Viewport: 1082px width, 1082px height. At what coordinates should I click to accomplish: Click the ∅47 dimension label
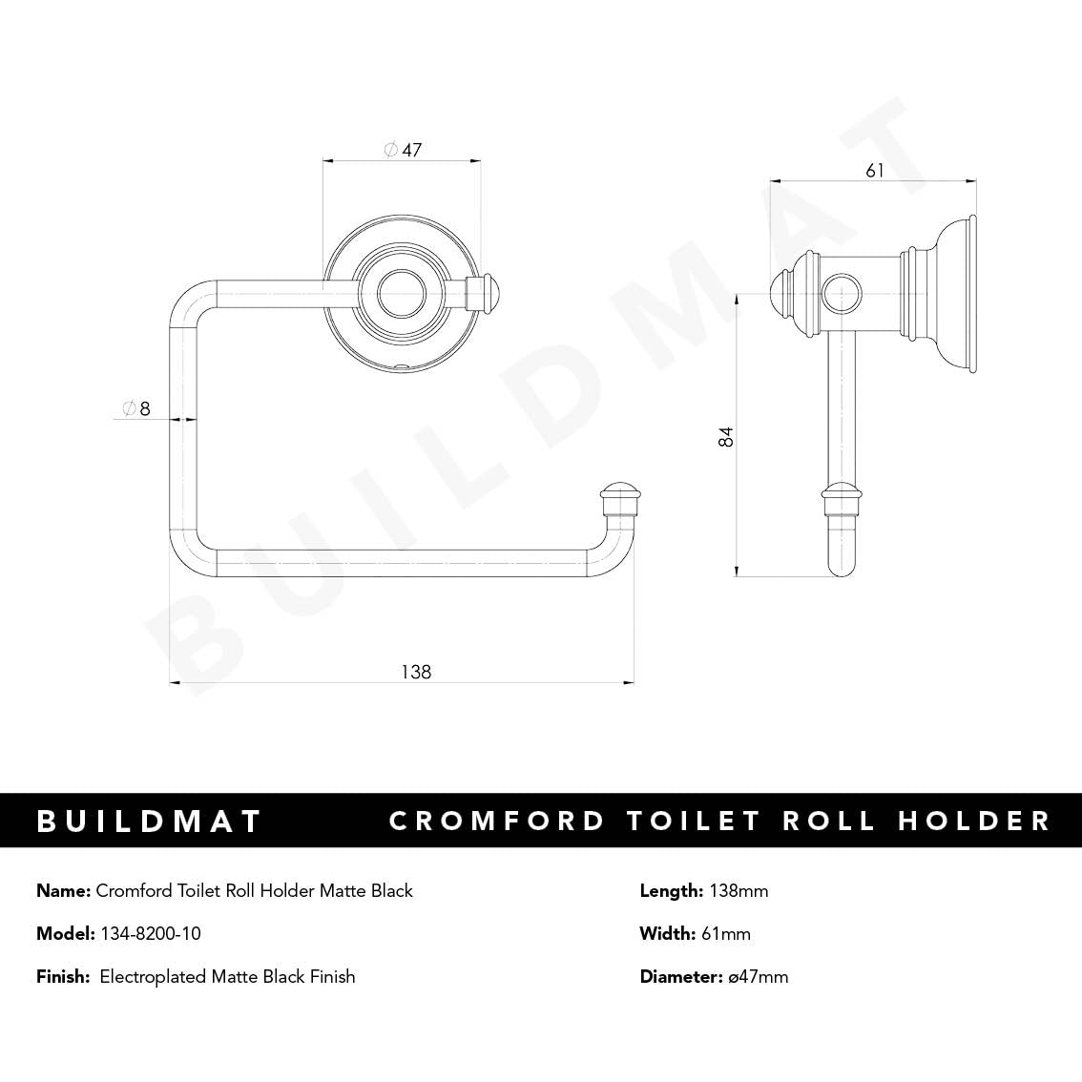(x=402, y=150)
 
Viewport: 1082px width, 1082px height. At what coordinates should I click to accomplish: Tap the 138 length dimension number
(x=416, y=672)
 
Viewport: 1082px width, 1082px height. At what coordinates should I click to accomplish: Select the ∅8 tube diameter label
(x=136, y=409)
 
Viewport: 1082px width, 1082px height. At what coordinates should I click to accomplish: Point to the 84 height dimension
(x=726, y=437)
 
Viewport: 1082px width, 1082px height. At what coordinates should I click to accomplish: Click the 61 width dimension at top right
(x=874, y=171)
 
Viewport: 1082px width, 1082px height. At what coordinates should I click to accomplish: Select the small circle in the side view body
(x=842, y=292)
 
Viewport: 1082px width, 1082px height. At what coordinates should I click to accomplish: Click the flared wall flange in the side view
(x=956, y=293)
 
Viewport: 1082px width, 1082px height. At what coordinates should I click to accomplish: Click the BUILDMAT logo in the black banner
(x=149, y=821)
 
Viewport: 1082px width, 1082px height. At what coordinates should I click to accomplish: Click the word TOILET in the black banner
(x=694, y=821)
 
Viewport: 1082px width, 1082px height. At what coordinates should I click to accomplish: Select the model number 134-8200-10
(x=151, y=933)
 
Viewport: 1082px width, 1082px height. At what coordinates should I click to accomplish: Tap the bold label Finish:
(x=63, y=976)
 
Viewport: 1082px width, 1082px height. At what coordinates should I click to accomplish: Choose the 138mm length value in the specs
(x=738, y=891)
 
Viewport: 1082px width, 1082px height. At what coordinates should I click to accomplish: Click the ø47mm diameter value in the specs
(x=758, y=976)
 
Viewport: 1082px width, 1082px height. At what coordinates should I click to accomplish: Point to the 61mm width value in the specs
(x=725, y=933)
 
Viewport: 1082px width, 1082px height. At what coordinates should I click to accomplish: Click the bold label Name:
(x=64, y=891)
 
